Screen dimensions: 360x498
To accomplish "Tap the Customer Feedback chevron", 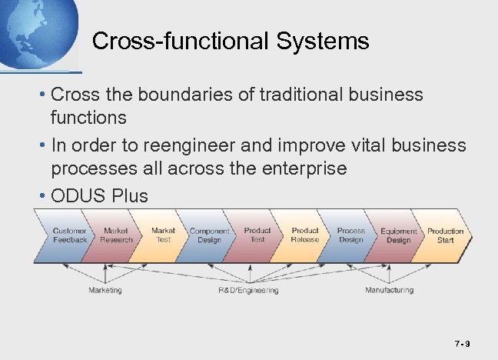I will click(x=69, y=235).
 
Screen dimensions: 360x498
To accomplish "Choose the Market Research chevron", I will click(x=116, y=235).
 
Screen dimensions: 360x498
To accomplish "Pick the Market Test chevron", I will click(x=163, y=235).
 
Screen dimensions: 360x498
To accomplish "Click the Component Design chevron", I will click(x=210, y=235).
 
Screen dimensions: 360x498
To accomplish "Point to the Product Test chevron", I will click(x=257, y=235).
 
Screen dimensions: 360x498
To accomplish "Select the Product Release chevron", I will click(x=304, y=235).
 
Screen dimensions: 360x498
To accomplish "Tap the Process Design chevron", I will click(x=351, y=235).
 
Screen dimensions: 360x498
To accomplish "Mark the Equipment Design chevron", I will click(x=399, y=235).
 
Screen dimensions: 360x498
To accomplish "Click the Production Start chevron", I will click(x=446, y=235).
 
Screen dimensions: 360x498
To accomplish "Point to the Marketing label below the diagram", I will click(x=105, y=290).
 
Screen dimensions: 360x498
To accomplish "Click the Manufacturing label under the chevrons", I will click(x=389, y=290).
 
